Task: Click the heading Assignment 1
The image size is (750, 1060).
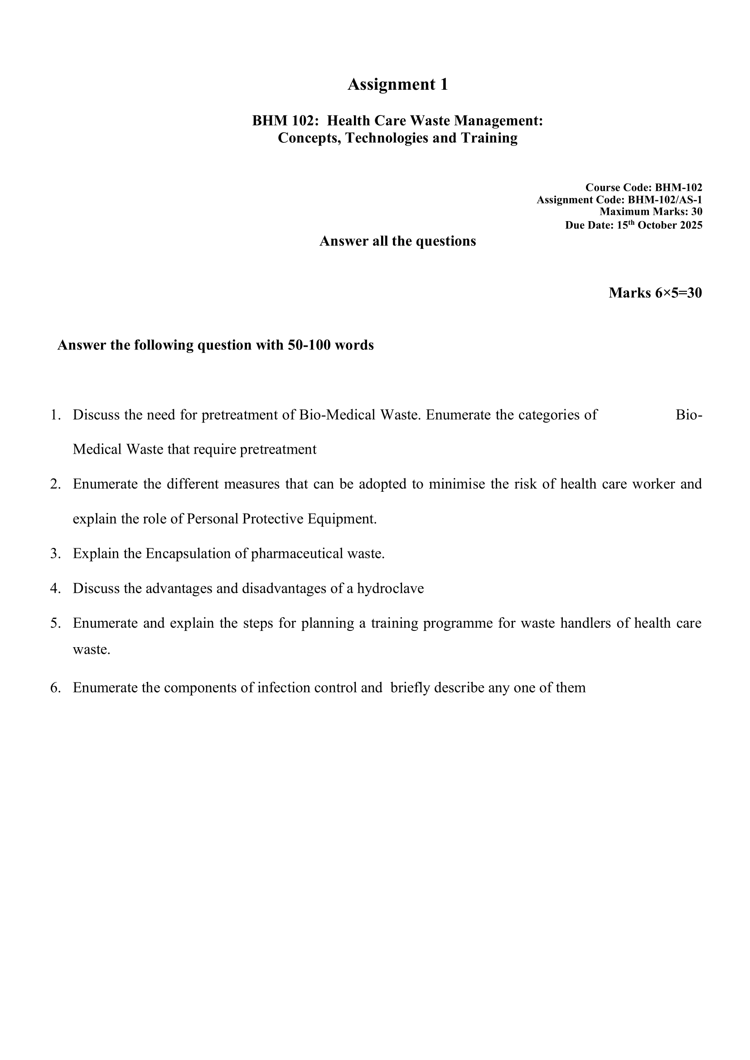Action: (397, 85)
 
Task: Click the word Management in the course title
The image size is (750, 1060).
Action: (498, 121)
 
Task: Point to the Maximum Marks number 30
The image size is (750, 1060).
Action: (697, 212)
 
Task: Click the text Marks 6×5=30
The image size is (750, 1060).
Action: (655, 293)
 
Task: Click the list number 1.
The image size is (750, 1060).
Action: (55, 415)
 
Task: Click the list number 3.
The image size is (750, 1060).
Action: (55, 554)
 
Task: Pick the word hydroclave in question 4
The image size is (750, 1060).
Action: (390, 588)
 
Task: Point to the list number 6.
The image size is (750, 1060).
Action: (55, 688)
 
